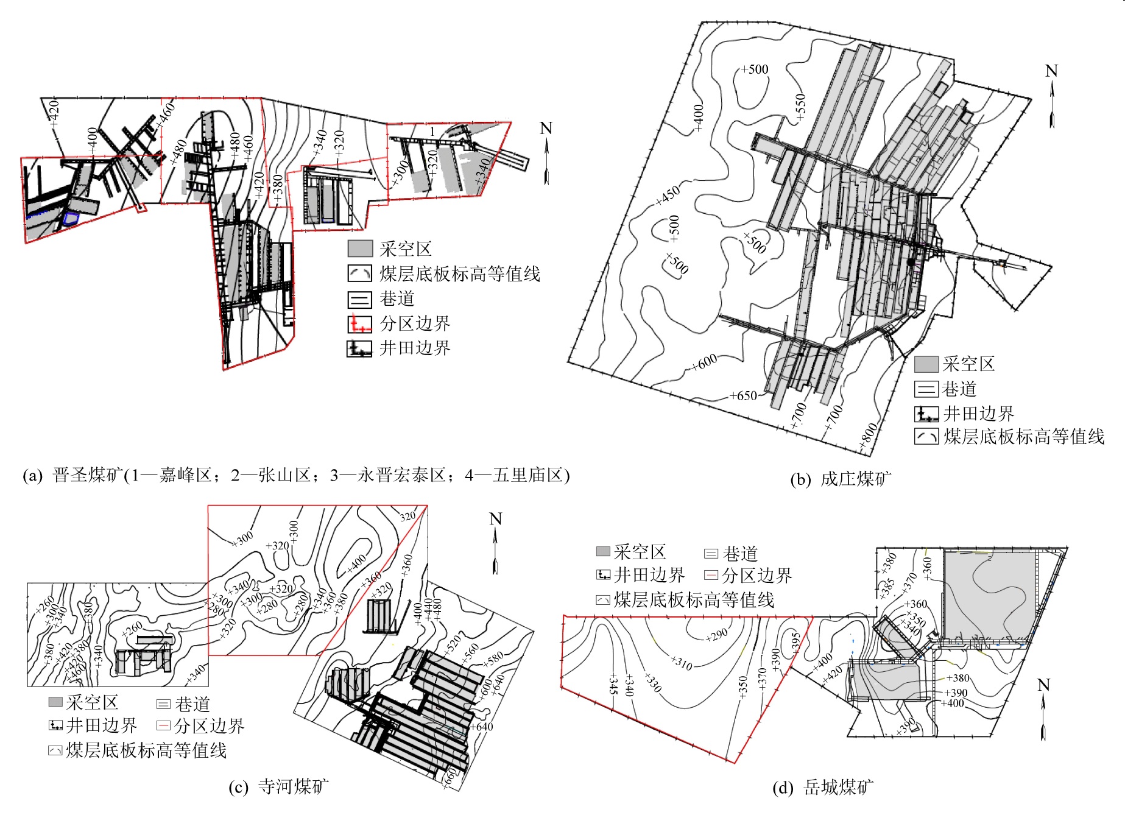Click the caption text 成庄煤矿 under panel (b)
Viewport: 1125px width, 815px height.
point(855,479)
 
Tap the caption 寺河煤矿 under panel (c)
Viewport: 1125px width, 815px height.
point(293,786)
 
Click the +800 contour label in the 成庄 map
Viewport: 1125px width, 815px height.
point(869,436)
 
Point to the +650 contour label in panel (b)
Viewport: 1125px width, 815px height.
point(743,396)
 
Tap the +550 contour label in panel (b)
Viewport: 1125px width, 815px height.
point(800,107)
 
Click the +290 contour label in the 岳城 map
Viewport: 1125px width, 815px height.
point(717,635)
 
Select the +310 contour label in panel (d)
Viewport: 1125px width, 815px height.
point(682,663)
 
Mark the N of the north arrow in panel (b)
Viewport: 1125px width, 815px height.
point(1051,71)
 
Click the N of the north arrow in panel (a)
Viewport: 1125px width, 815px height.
point(546,129)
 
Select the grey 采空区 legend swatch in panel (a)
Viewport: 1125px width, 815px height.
point(360,249)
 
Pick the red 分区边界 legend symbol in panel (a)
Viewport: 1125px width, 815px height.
point(359,323)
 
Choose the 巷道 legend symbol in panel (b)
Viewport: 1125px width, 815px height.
point(926,389)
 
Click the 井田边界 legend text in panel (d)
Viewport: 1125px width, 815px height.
point(649,575)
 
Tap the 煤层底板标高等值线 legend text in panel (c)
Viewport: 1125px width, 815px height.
point(146,750)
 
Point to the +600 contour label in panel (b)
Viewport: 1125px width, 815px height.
point(704,362)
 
